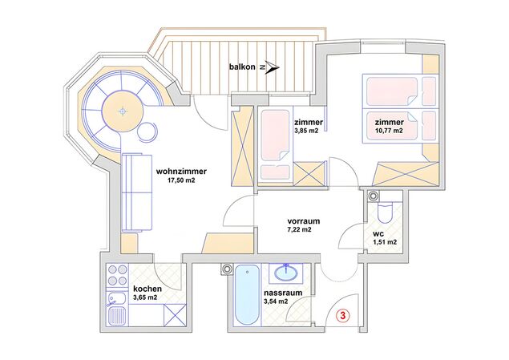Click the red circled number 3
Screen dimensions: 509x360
[x=344, y=315]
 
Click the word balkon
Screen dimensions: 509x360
[x=242, y=67]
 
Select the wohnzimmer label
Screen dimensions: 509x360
[x=181, y=172]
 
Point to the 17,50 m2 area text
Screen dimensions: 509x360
[x=181, y=180]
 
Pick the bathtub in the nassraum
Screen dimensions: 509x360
[x=248, y=295]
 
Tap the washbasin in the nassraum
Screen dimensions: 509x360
[x=287, y=273]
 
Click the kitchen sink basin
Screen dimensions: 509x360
[x=117, y=299]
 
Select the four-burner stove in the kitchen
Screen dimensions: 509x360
[x=118, y=275]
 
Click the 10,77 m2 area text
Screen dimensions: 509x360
[x=389, y=131]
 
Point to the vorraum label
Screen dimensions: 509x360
[x=304, y=221]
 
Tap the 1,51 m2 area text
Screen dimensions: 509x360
[x=385, y=242]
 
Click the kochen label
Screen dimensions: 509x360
[x=147, y=289]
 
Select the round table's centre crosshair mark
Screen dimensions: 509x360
[x=123, y=111]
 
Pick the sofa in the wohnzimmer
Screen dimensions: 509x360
[x=137, y=192]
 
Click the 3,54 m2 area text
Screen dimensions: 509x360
[x=276, y=301]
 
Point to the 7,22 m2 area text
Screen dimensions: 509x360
[x=299, y=229]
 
